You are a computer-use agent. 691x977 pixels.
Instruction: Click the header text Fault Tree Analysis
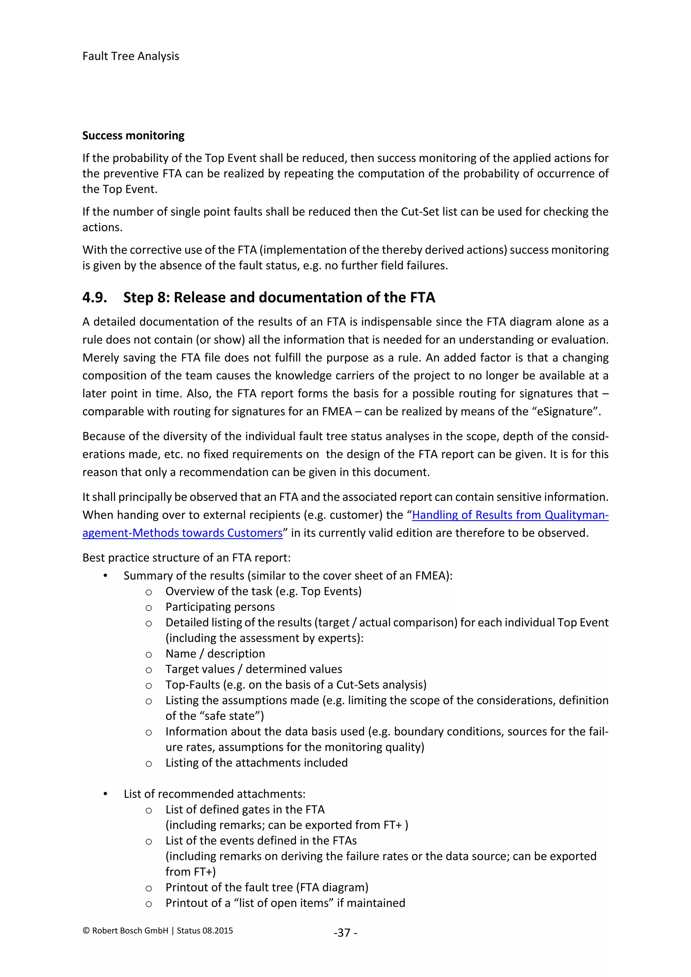pos(131,56)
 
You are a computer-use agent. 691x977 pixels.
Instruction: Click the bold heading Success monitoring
pos(133,136)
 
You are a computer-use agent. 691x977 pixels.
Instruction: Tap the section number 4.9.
pos(94,298)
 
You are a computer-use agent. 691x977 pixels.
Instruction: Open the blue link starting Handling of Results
pos(510,515)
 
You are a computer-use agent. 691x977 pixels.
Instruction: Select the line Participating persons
pos(220,607)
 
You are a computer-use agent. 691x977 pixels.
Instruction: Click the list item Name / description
pos(215,653)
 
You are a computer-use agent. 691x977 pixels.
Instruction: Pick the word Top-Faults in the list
pos(193,685)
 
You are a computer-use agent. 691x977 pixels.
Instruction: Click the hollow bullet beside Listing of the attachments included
pos(148,763)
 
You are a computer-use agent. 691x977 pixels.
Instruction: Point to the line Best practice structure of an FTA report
pos(186,558)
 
